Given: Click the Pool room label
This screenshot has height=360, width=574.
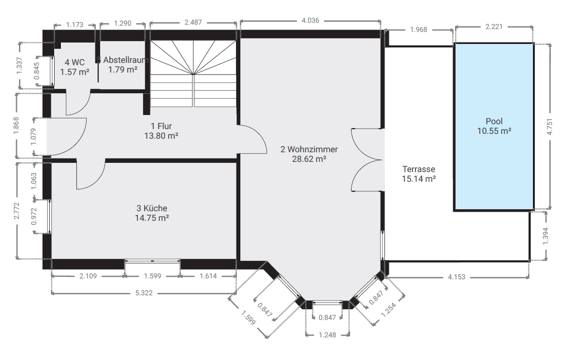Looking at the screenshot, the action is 494,121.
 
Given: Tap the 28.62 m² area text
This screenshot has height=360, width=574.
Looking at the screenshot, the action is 309,159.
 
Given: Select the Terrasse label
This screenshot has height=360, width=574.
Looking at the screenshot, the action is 419,169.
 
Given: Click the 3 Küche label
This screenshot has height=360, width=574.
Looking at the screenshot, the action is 151,208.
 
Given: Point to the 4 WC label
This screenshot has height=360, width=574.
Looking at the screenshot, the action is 74,62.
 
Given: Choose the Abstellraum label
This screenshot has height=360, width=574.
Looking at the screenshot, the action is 126,60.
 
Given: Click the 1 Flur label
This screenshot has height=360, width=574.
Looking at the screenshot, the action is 161,126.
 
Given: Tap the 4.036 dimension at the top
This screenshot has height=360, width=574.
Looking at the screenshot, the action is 310,20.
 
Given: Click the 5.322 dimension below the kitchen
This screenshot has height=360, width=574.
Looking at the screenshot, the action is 144,293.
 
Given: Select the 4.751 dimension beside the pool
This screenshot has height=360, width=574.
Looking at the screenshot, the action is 549,127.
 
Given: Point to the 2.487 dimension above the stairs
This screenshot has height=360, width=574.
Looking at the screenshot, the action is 193,22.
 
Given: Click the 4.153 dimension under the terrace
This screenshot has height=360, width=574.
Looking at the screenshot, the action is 456,277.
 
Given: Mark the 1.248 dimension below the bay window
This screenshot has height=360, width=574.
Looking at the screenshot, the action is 327,335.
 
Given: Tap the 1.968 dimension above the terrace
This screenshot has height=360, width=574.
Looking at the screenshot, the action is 418,29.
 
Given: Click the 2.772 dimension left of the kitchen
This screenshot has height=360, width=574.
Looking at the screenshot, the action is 16,211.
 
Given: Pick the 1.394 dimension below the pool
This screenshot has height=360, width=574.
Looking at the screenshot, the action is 545,236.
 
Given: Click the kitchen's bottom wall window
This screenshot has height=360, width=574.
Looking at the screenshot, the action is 152,261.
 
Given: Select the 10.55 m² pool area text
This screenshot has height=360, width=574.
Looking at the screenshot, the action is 494,131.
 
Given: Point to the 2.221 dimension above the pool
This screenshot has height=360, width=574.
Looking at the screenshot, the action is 494,27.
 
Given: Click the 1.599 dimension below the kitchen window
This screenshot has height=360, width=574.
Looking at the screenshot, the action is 152,276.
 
